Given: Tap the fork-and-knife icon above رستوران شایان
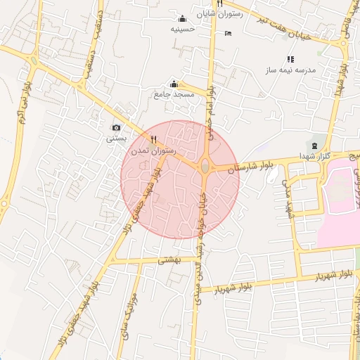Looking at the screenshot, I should (x=220, y=3).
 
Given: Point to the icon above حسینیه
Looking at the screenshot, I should (x=183, y=18).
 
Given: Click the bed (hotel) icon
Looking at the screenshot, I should (x=227, y=33).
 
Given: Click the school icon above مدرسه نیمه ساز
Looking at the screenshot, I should (x=290, y=59).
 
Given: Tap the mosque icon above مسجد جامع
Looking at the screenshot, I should (x=174, y=84).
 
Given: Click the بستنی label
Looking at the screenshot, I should (x=117, y=139).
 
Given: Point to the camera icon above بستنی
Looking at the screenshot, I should (x=116, y=128).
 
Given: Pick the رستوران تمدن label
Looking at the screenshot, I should (x=153, y=151).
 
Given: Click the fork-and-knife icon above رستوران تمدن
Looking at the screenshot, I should (x=153, y=140).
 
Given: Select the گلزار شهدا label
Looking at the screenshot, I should (x=314, y=155).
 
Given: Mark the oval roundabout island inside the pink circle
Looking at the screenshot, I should (x=205, y=166).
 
